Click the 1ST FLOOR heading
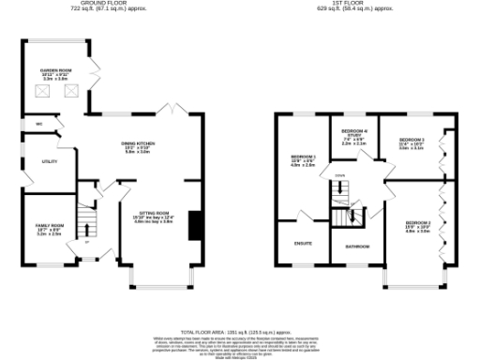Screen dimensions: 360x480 click(356, 5)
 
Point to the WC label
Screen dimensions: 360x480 click(39, 125)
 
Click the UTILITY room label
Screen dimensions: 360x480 click(49, 162)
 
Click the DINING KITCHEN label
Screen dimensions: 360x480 click(138, 146)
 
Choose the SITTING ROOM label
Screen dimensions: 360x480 click(155, 216)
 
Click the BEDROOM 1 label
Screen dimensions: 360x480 click(303, 157)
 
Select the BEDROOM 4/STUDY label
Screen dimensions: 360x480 click(352, 135)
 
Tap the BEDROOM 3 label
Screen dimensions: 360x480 click(411, 142)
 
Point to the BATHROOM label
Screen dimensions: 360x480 click(356, 246)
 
